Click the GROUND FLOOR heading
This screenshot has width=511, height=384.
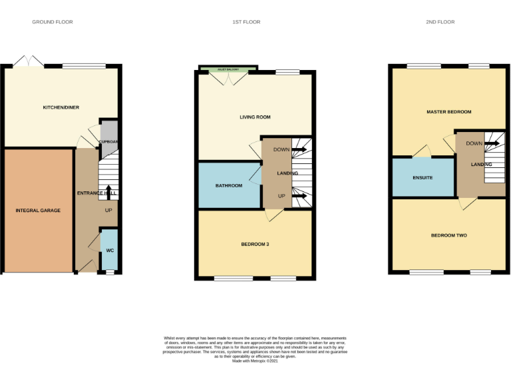pos(53,22)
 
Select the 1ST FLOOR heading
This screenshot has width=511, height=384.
pos(246,22)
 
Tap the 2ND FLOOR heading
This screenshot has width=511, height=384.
pos(440,22)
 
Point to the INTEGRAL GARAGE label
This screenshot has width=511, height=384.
pos(38,211)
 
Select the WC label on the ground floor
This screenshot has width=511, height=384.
pos(110,250)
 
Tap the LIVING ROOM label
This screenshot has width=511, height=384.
pos(255,117)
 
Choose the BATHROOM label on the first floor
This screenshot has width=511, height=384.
pos(228,185)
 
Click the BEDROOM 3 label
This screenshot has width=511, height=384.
pos(255,244)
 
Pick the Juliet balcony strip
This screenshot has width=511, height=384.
pos(228,69)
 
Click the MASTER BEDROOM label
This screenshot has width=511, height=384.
pos(448,112)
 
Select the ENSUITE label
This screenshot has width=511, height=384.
pos(423,178)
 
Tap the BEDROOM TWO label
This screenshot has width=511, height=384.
pos(448,235)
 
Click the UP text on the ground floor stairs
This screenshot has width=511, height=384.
pos(108,211)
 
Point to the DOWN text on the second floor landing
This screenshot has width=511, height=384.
pos(474,143)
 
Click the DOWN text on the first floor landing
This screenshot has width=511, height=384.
pos(281,150)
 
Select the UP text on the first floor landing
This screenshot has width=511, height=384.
pos(281,196)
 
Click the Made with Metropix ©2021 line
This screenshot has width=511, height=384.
pos(255,361)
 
